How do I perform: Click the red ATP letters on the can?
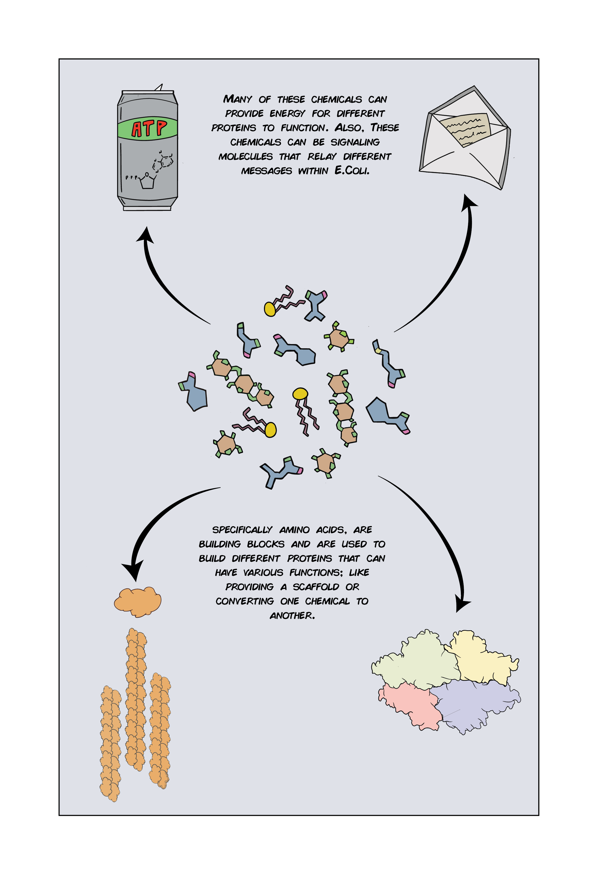[149, 129]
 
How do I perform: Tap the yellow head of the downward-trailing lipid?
[300, 394]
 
